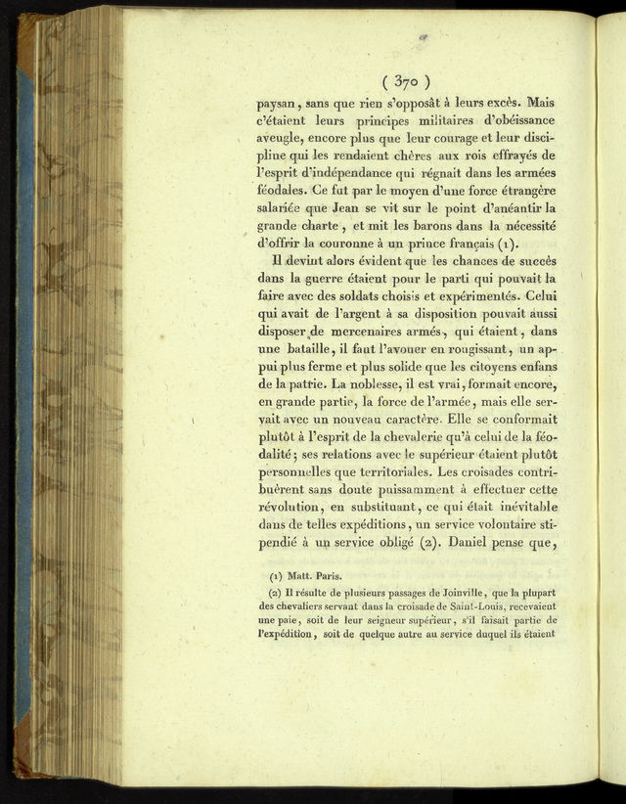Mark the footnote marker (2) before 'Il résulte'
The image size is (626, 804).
(276, 595)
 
